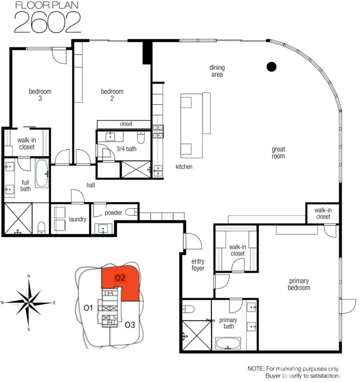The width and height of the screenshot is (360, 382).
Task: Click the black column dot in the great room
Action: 271,66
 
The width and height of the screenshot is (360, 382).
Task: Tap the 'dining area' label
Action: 216,71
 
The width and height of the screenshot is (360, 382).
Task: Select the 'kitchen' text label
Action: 183,167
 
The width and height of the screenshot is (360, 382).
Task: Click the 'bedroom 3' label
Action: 40,95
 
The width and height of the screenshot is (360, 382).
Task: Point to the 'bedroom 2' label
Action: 112,95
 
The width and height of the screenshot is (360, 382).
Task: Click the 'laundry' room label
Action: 77,219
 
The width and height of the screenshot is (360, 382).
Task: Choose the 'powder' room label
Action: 113,213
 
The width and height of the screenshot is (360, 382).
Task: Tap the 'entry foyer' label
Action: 198,265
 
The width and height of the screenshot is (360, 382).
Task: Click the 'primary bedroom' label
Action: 299,284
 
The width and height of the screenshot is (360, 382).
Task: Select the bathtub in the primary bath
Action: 228,344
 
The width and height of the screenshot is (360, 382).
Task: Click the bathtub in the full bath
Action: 41,173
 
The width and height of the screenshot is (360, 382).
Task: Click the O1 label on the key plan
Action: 88,308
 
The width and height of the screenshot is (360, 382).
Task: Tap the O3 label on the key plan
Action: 129,325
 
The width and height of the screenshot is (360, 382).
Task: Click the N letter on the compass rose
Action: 29,276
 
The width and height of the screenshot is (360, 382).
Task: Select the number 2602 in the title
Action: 47,21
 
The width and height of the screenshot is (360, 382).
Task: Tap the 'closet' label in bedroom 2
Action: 125,124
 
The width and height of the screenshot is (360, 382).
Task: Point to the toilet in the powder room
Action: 131,213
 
